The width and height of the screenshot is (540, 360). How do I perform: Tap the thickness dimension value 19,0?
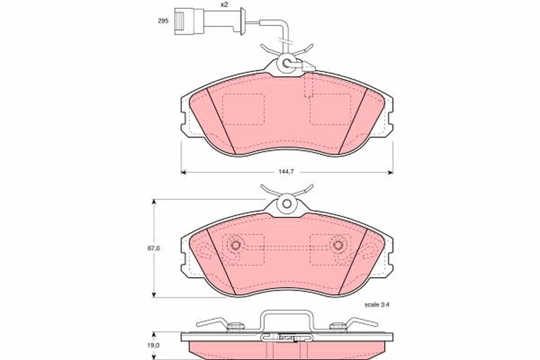[x=154, y=345]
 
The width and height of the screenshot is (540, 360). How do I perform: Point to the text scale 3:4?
[x=376, y=305]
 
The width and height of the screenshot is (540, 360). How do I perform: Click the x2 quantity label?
[x=224, y=4]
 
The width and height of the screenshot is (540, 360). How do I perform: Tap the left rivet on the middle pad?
[x=235, y=245]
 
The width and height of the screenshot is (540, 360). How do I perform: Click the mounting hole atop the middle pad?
[x=287, y=203]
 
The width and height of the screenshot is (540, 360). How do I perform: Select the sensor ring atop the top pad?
[x=287, y=63]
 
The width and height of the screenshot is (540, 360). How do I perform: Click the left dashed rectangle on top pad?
[x=243, y=109]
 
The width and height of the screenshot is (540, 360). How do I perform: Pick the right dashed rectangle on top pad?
[x=330, y=109]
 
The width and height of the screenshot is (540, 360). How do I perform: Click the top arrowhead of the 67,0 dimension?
[x=154, y=202]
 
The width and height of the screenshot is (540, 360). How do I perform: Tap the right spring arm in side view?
[x=360, y=322]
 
